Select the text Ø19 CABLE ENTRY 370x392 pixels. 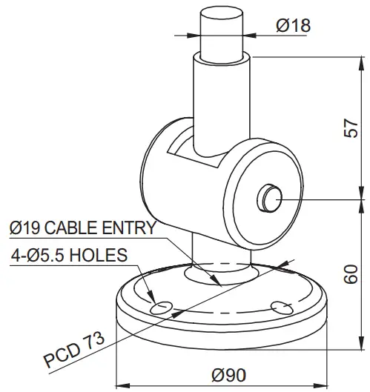(82, 227)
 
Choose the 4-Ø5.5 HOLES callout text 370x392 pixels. (69, 255)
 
